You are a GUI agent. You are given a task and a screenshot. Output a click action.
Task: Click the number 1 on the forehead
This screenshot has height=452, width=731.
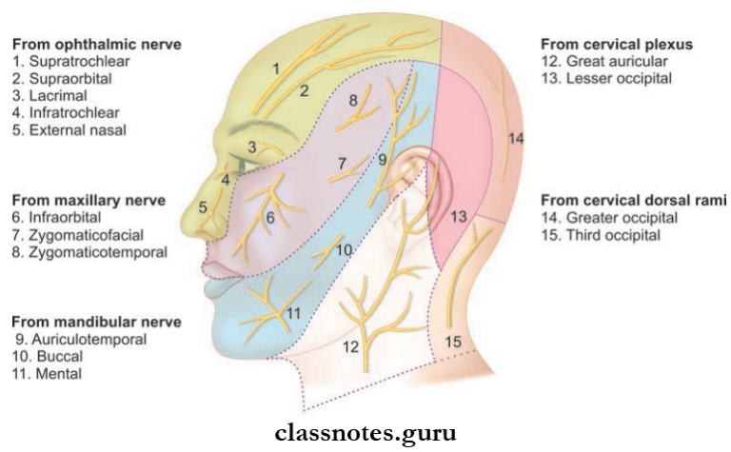(x=275, y=69)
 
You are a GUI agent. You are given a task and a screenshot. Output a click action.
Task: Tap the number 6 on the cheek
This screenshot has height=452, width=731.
(x=270, y=219)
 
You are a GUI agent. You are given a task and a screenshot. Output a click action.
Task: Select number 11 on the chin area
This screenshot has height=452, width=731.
(x=294, y=313)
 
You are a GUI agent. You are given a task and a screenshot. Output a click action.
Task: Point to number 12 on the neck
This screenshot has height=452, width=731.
(x=350, y=345)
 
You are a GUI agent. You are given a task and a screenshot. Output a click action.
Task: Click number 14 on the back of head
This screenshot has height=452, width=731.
(x=515, y=140)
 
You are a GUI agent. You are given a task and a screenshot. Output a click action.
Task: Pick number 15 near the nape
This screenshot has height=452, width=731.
(x=453, y=340)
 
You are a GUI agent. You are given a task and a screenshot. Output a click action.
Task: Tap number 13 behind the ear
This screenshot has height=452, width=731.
(x=459, y=217)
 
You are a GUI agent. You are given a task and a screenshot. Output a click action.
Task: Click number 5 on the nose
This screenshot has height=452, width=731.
(x=203, y=206)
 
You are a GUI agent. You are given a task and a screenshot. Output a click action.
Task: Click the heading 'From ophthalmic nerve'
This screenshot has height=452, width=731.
(x=96, y=45)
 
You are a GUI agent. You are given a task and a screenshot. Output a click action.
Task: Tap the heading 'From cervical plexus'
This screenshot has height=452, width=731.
(x=616, y=45)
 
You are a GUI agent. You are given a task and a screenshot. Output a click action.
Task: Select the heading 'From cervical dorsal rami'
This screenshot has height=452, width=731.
(x=633, y=201)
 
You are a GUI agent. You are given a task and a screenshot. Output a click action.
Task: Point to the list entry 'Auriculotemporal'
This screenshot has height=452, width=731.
(x=70, y=339)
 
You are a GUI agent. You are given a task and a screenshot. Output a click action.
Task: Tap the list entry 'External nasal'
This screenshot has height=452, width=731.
(x=69, y=129)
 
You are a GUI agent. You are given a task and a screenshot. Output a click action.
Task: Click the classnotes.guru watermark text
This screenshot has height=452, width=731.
(x=365, y=433)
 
